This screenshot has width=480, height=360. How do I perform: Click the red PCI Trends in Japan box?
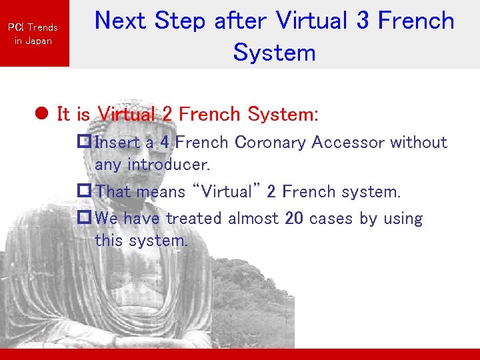point(34,33)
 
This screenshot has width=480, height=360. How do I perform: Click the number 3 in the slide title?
point(362,21)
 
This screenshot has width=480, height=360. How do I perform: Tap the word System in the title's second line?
point(274,52)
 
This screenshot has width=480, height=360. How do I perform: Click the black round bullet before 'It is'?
point(41,115)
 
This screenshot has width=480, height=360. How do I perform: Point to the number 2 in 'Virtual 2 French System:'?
point(167,115)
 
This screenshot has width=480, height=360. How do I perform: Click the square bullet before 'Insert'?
point(84,142)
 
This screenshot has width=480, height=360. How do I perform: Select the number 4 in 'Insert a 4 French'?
point(164,142)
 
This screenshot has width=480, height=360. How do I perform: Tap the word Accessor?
point(351,142)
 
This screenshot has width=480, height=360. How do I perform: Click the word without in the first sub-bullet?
point(419,142)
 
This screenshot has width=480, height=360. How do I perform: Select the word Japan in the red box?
point(39,41)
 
